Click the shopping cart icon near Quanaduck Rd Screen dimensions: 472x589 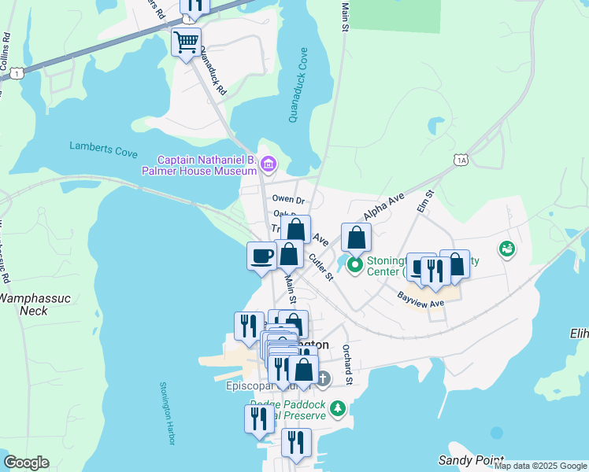pos(186,41)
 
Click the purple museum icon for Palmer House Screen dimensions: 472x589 pos(269,164)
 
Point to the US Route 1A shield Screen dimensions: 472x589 pos(461,160)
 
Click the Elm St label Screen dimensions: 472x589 pos(429,204)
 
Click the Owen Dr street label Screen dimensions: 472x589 pos(288,200)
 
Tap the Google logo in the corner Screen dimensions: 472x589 pos(26,463)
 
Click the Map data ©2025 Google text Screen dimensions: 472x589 pos(540,466)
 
